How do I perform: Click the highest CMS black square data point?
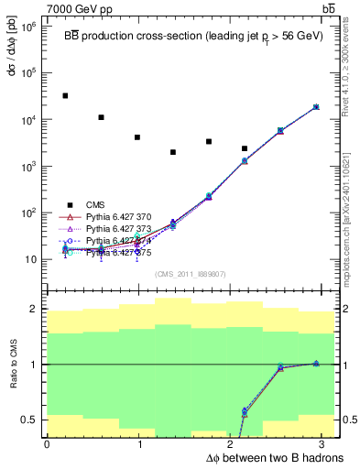[x=65, y=95]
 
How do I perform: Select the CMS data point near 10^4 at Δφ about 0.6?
[x=101, y=117]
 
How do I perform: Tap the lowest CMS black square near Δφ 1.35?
[x=173, y=152]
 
